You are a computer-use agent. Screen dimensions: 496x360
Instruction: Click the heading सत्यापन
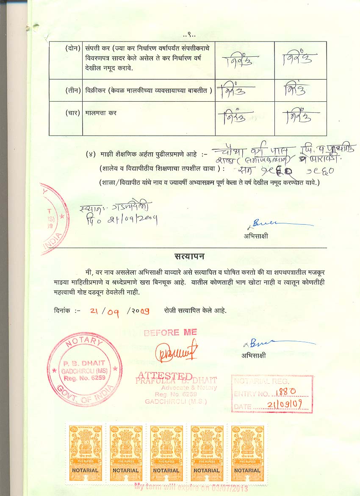tap(190, 256)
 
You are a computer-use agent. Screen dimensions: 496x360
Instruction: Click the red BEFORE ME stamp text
tap(170, 333)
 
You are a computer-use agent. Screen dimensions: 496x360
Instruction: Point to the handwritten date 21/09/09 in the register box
tap(284, 406)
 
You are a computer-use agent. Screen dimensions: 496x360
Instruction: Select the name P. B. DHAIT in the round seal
tap(80, 364)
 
